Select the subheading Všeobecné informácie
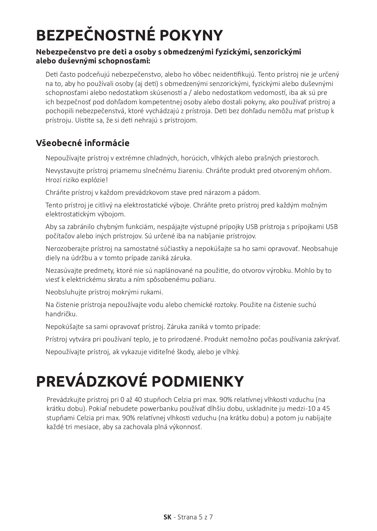coord(83,143)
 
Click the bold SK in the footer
coord(168,517)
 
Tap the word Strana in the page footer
coord(187,517)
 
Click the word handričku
coord(61,314)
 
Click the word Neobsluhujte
coord(65,292)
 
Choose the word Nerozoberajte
coord(65,249)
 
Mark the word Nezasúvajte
coord(63,270)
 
